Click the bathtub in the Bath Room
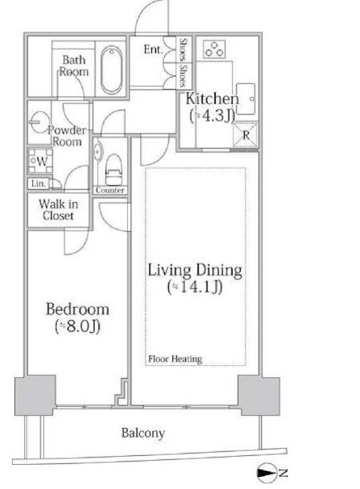112,70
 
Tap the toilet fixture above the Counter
113,170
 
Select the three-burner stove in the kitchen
215,49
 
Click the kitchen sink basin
246,99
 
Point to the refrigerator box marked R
246,135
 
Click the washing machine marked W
40,161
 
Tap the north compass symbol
267,474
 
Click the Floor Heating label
175,358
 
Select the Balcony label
143,433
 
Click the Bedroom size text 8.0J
77,327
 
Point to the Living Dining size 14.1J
195,287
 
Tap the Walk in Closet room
59,210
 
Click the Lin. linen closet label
38,183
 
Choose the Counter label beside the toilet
110,190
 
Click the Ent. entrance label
153,49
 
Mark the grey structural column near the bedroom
35,395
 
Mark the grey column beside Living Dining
258,396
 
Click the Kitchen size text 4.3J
212,116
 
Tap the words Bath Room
74,65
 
